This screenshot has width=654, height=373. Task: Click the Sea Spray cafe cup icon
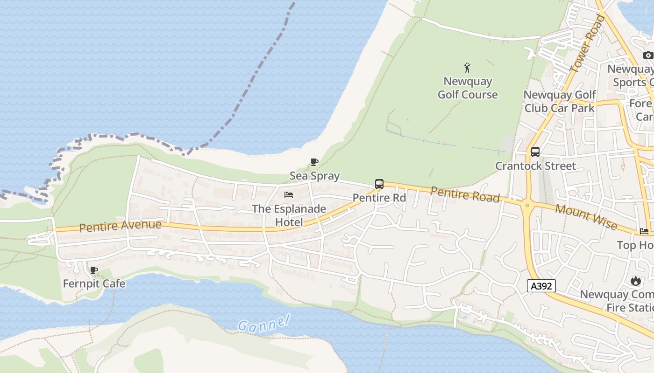coord(314,162)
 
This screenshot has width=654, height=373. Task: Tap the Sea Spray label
coord(314,176)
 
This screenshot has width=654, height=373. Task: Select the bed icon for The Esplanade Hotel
coord(289,194)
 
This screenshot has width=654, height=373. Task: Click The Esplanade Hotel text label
coord(289,215)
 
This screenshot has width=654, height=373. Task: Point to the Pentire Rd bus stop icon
coord(379,184)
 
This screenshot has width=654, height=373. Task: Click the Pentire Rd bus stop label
coord(379,198)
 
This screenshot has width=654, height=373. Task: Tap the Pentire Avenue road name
coord(120,226)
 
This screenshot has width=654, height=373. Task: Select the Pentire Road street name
coord(465,194)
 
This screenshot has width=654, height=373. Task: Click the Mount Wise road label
coord(586,218)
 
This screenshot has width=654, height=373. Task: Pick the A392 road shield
coord(541,286)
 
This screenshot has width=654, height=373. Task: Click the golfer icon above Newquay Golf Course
coord(467,68)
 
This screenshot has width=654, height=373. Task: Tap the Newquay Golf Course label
coord(468,88)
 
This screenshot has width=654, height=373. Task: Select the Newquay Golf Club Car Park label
coord(560,102)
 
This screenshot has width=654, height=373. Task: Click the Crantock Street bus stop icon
coord(535,152)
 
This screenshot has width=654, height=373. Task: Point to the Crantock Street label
coord(535,166)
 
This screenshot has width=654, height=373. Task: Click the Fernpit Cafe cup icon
coord(94,270)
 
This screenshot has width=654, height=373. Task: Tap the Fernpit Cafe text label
coord(94,283)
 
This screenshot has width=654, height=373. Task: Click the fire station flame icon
coord(635,281)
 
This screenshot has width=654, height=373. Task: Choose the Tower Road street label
coord(587,44)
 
